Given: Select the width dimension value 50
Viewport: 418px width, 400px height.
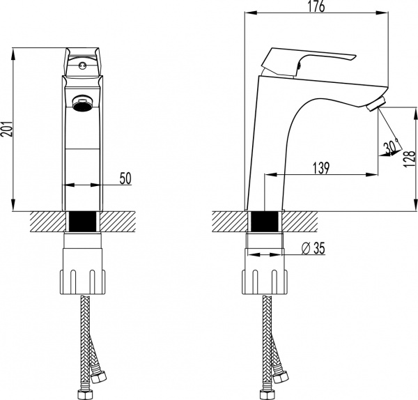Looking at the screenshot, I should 125,178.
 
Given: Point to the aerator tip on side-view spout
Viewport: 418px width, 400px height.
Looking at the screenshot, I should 376,105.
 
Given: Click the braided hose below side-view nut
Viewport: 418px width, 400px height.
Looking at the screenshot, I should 265,328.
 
